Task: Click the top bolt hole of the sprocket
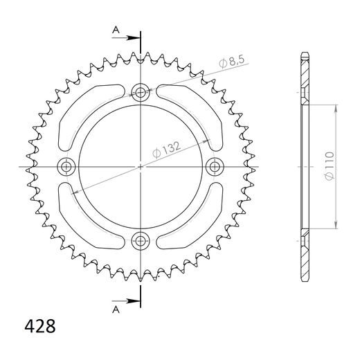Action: [141, 92]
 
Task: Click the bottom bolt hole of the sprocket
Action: [141, 241]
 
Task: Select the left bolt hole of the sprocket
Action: [67, 166]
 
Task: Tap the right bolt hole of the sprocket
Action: [215, 166]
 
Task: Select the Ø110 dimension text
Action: [330, 166]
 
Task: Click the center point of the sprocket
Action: [141, 166]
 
